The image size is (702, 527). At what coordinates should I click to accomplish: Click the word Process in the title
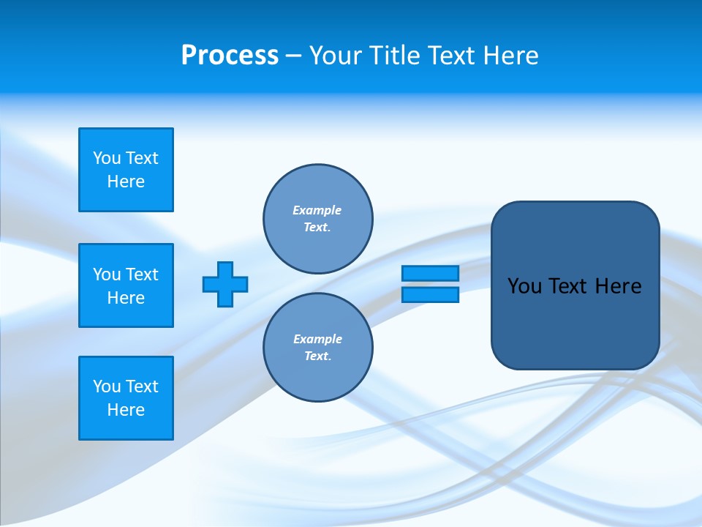pos(230,56)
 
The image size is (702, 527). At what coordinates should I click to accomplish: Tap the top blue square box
pos(126,170)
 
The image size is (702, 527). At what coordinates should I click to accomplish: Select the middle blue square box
pos(126,285)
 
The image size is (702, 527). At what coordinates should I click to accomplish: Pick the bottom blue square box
pos(126,398)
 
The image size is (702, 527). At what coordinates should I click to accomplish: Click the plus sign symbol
pos(225,284)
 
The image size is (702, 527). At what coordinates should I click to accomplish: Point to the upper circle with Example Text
pos(317,218)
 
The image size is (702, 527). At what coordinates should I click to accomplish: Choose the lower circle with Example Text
pos(317,347)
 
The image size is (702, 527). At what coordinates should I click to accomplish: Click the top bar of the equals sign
pos(430,273)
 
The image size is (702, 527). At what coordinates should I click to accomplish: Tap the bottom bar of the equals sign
pos(430,294)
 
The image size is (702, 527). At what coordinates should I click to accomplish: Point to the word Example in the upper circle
pos(317,210)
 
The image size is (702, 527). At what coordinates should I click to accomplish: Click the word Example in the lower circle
pos(317,339)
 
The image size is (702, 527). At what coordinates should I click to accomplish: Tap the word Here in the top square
pos(126,182)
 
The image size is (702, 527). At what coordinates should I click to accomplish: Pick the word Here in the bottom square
pos(126,410)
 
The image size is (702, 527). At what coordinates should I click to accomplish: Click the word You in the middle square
pos(107,274)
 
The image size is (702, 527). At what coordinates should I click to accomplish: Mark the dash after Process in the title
pos(293,56)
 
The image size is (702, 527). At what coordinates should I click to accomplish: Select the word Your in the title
pos(333,56)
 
